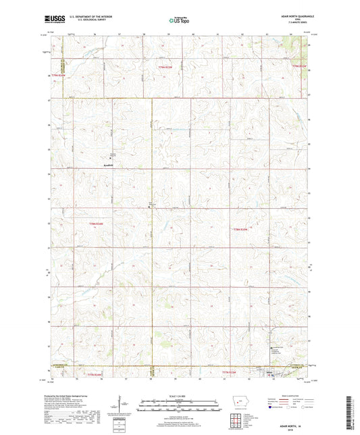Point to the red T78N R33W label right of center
(x=242, y=230)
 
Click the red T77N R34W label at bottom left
(x=94, y=374)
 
